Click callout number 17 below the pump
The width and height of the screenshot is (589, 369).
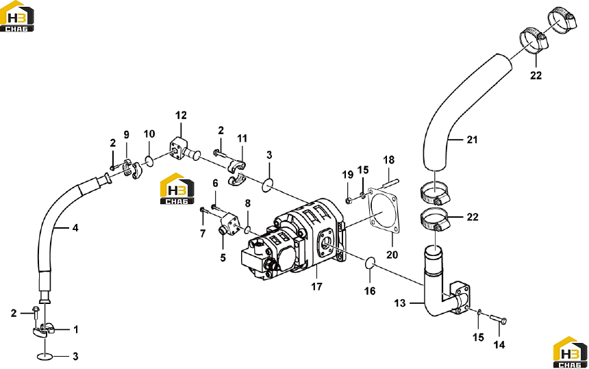tap(316, 286)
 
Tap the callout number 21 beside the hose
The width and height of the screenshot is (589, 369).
tap(472, 140)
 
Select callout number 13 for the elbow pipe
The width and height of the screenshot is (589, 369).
tap(400, 303)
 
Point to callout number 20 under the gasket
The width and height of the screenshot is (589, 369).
tap(392, 255)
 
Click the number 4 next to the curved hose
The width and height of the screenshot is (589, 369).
tap(75, 227)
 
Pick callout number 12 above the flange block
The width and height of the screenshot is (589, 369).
tap(181, 115)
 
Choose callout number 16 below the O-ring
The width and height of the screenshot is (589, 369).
tap(370, 291)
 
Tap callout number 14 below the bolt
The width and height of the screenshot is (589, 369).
tap(499, 344)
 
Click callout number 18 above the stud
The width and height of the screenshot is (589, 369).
tap(389, 160)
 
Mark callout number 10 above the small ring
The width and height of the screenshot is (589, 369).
tap(149, 134)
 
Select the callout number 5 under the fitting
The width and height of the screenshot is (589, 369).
tap(223, 258)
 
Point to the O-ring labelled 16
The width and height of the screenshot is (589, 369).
tap(370, 263)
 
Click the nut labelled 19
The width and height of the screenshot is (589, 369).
tap(348, 201)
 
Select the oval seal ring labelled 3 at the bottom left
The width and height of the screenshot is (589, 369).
tap(45, 356)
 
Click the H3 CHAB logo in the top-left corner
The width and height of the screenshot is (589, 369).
tap(17, 16)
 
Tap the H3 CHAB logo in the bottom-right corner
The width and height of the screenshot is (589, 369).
tap(571, 353)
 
